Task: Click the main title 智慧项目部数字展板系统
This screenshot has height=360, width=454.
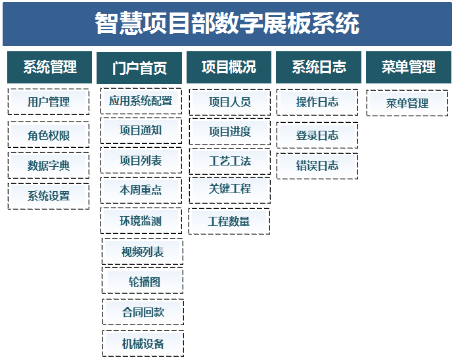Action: (227, 23)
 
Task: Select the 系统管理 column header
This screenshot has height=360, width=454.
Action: (49, 67)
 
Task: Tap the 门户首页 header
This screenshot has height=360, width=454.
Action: (139, 68)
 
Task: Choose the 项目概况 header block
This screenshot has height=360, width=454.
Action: (229, 67)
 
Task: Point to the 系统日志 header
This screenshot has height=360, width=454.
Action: (319, 67)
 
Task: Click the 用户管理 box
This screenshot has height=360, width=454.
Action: (49, 102)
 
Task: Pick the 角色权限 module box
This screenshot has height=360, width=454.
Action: (49, 135)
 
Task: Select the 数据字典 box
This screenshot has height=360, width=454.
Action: (49, 166)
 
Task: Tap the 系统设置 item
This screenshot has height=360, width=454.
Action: (49, 196)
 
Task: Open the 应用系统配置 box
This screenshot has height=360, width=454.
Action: (141, 101)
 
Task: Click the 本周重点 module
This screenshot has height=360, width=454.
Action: (141, 190)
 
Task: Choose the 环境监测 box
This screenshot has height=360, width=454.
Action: (141, 221)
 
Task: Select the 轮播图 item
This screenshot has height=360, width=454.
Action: (143, 281)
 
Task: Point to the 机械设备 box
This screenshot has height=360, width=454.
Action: (143, 344)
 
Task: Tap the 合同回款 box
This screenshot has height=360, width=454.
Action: (143, 312)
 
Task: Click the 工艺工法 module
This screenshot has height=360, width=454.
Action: (230, 162)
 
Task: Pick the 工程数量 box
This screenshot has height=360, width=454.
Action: (229, 221)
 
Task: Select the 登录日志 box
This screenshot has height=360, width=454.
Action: (317, 135)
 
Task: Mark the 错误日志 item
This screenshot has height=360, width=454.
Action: (317, 166)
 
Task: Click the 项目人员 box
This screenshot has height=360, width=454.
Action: (230, 102)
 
